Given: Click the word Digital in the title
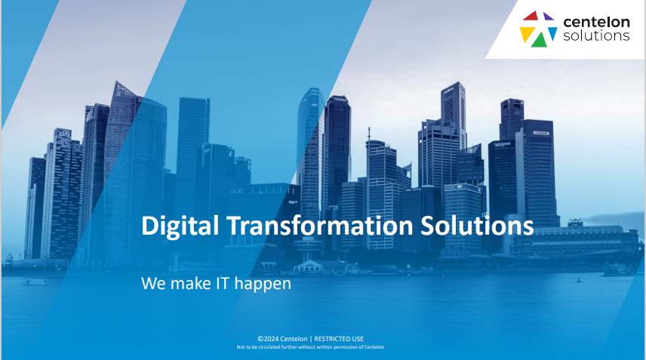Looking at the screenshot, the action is (180, 226).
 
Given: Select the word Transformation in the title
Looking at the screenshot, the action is (320, 226).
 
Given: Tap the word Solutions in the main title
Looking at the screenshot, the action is (477, 226).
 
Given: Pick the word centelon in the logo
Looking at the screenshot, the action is (596, 22).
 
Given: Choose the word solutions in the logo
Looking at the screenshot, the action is (596, 35).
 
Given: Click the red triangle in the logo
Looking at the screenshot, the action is (531, 16).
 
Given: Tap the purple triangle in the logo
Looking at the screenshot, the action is (548, 17).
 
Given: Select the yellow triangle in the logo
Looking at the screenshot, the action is (526, 33).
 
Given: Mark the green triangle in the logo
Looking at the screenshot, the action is (540, 40).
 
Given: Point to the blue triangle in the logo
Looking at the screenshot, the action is (552, 32).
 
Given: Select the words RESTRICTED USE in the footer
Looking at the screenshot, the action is (339, 339).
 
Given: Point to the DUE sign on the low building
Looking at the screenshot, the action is (236, 191).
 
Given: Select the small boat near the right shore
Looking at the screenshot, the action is (578, 280).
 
